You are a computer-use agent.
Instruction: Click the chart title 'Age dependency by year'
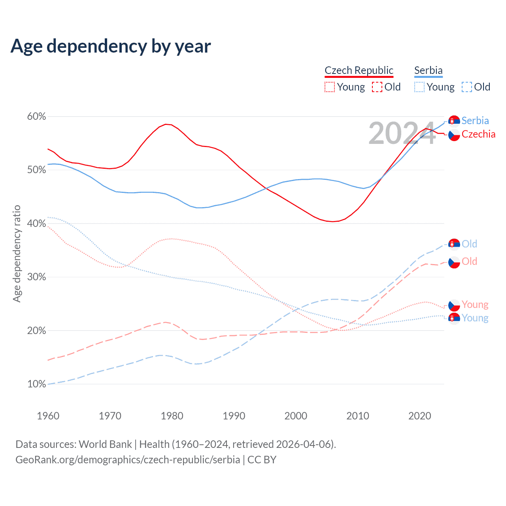pos(111,46)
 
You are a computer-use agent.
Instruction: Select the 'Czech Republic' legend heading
pos(359,70)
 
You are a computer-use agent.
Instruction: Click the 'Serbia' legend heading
pos(428,70)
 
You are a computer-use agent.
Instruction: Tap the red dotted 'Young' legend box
pos(330,87)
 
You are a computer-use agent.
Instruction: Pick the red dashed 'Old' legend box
pos(377,87)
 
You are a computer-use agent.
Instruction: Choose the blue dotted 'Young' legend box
pos(419,87)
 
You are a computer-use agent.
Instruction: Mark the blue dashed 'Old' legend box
pos(467,87)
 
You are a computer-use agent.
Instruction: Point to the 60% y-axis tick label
pos(36,117)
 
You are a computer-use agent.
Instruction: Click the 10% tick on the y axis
pos(36,384)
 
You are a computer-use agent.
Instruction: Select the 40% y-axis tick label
pos(36,224)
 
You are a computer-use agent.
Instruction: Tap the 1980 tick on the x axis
pos(172,416)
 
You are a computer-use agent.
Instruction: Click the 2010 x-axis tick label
pos(358,416)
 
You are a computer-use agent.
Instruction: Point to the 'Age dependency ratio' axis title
pos(17,253)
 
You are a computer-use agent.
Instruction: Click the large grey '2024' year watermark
pos(402,134)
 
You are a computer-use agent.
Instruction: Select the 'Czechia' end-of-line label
pos(478,134)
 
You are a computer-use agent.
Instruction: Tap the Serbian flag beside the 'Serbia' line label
pos(454,121)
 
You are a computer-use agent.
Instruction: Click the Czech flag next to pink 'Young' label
pos(454,305)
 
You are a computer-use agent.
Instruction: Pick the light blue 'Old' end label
pos(469,244)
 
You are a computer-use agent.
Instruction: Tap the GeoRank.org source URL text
pos(128,460)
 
